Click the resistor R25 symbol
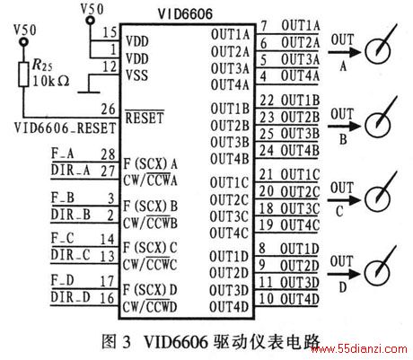[x=23, y=75]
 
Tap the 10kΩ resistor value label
[x=50, y=81]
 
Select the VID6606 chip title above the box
[x=185, y=13]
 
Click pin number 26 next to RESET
[x=108, y=109]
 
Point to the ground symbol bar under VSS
[x=89, y=92]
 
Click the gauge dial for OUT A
[x=378, y=51]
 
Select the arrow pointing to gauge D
[x=344, y=274]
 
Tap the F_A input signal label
[x=62, y=154]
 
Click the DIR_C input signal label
[x=71, y=255]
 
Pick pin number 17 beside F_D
[x=107, y=281]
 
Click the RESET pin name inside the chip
[x=145, y=118]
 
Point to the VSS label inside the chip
[x=136, y=75]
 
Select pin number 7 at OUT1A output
[x=264, y=26]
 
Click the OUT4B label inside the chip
[x=230, y=159]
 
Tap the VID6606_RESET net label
[x=65, y=128]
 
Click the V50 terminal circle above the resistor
[x=23, y=42]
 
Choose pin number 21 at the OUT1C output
[x=266, y=174]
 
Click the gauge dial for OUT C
[x=377, y=198]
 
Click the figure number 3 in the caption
[x=127, y=341]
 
